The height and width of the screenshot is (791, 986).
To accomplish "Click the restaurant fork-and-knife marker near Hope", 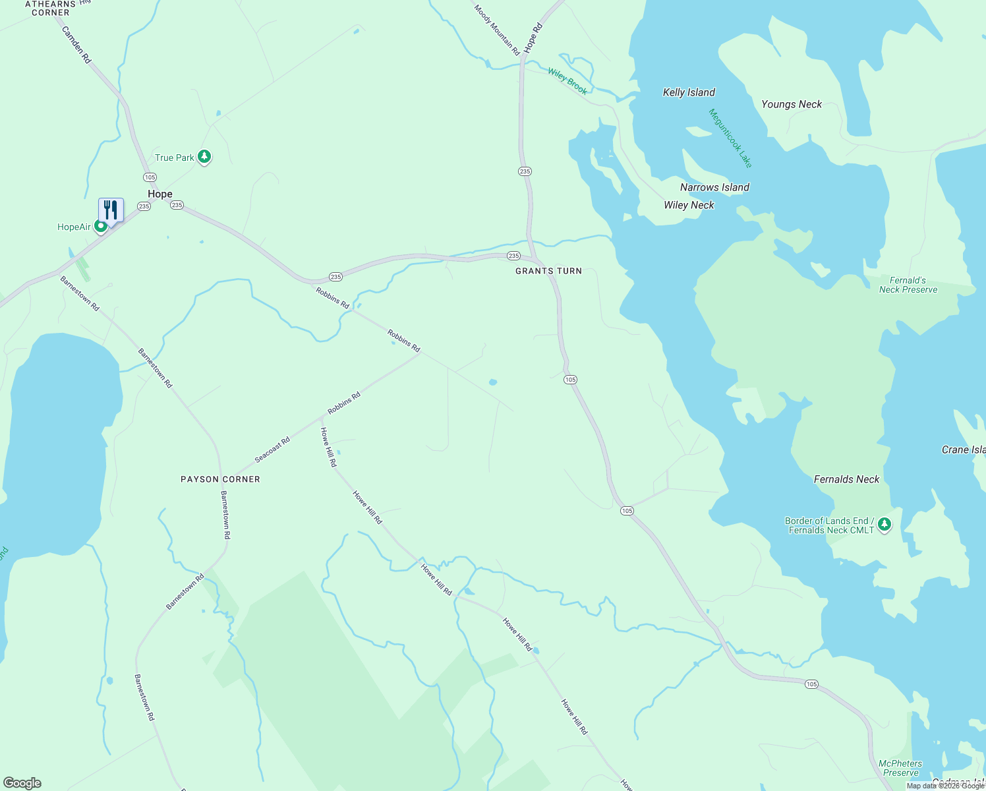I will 111,210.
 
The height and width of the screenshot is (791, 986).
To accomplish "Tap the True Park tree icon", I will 204,157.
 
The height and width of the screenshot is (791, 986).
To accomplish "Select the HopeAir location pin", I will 101,227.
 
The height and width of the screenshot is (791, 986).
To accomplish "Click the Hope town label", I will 159,194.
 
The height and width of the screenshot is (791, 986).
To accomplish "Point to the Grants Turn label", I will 548,271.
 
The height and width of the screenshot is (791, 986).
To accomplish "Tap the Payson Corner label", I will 220,479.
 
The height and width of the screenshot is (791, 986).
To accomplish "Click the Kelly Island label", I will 689,92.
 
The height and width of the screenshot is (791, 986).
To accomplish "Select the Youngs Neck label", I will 792,104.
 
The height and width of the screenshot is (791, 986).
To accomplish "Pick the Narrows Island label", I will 714,187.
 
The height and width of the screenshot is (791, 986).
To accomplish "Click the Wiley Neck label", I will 689,205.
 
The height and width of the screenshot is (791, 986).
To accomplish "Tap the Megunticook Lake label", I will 730,138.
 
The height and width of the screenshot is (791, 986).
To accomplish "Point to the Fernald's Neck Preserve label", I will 908,285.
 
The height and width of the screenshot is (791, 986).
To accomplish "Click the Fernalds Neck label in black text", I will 846,479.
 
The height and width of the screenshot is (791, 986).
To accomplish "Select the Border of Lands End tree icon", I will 884,525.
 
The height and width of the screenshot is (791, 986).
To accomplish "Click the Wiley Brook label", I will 567,81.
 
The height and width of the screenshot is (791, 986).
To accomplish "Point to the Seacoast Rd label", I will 272,450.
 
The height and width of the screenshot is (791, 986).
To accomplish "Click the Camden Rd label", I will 76,44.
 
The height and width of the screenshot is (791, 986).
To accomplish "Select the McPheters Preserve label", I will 900,768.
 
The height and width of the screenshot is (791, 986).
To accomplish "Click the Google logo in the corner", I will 22,783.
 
